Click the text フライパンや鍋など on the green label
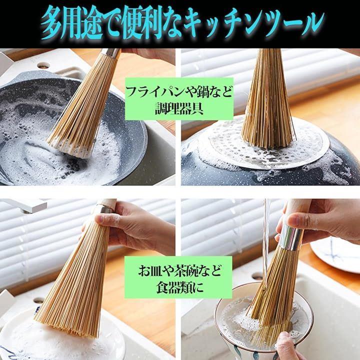coord(179,92)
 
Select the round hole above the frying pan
coord(43,66)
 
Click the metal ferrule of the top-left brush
coord(111,53)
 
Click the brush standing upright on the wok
coord(267,98)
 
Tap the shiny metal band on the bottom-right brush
coord(290,237)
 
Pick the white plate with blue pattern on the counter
coord(335,252)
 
